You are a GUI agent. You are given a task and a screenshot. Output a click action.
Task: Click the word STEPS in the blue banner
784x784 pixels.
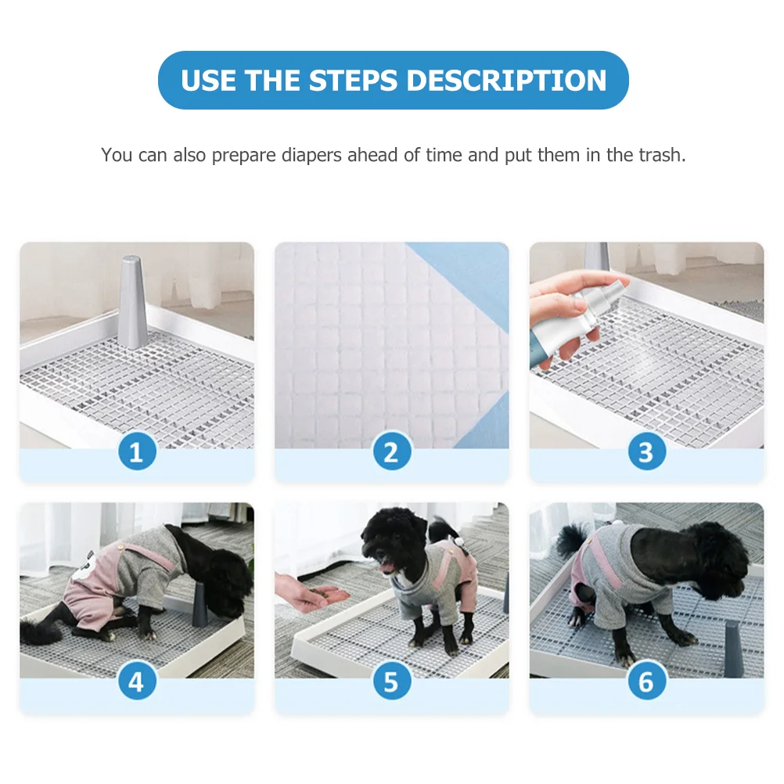(353, 81)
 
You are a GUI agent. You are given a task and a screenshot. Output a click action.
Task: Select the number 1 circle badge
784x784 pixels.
(137, 452)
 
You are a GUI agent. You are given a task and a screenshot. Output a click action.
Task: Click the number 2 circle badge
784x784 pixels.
(391, 452)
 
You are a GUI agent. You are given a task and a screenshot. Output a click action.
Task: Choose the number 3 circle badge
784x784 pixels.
(646, 452)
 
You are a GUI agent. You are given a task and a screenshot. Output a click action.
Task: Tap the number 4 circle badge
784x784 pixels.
(137, 682)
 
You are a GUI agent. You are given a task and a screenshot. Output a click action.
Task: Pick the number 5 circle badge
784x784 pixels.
(391, 682)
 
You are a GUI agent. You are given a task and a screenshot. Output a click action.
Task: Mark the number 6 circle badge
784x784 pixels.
(646, 682)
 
